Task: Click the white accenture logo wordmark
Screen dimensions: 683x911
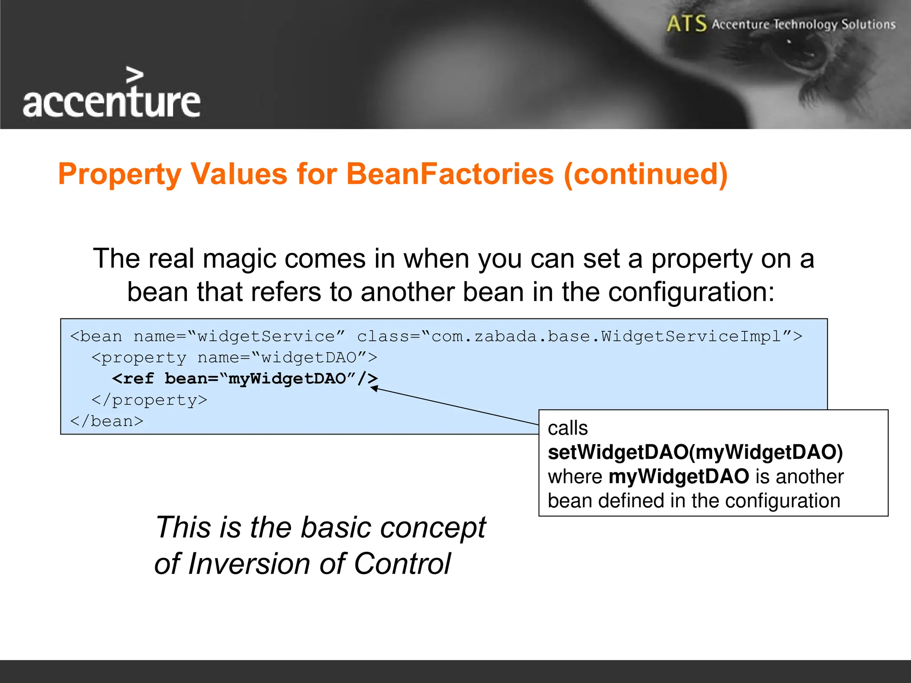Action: click(111, 102)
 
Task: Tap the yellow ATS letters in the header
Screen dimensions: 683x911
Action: click(686, 24)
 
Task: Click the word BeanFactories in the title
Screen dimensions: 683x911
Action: click(450, 174)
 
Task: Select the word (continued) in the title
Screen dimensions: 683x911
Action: click(645, 174)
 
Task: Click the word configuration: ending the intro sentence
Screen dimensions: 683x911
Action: click(691, 292)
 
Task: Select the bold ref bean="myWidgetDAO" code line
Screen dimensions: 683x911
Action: click(245, 379)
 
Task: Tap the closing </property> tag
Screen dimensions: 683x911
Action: click(149, 400)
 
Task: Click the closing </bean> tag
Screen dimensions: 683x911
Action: click(107, 421)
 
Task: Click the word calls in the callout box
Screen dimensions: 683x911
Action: click(568, 428)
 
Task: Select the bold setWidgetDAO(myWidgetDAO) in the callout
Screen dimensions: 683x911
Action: click(695, 452)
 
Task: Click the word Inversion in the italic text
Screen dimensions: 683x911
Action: click(249, 564)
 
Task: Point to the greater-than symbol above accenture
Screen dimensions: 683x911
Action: click(134, 75)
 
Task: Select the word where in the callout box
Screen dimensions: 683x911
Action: click(575, 477)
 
